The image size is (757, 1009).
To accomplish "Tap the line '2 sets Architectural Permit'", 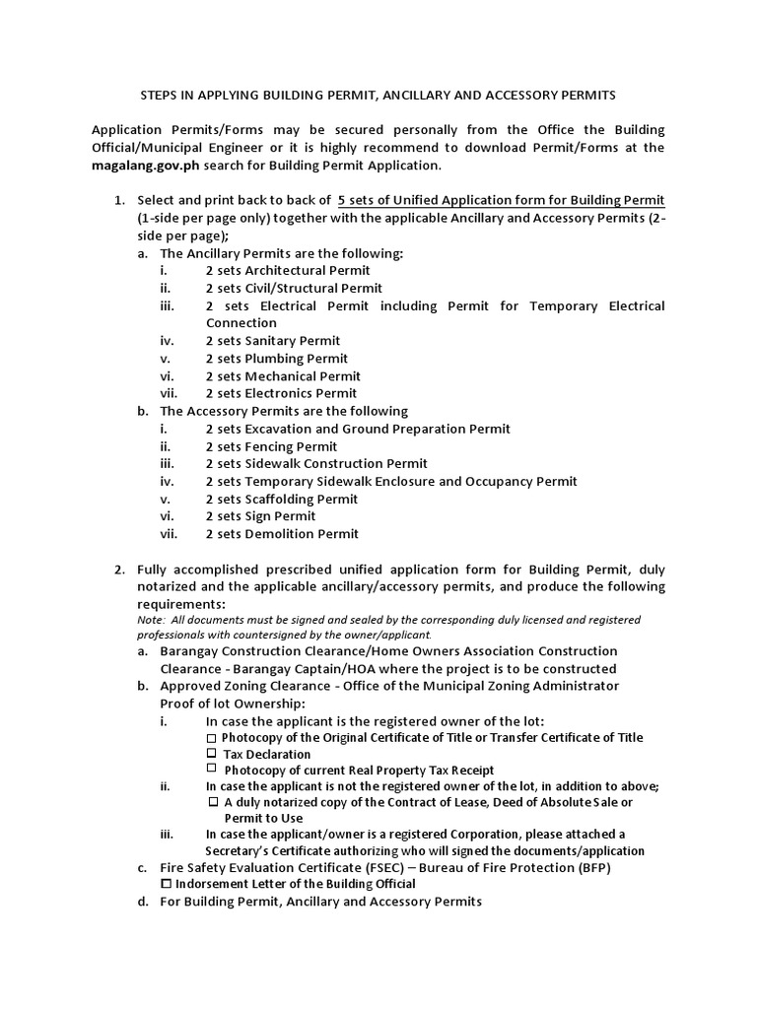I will click(x=288, y=270).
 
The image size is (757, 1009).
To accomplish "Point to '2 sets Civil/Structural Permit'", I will click(x=294, y=288).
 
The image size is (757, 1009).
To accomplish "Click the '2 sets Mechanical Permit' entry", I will click(x=283, y=376).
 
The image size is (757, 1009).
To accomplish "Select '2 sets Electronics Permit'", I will click(x=281, y=393).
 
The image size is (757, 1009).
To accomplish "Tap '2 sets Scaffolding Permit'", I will click(x=281, y=499).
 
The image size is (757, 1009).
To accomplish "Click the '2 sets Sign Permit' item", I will click(x=260, y=516).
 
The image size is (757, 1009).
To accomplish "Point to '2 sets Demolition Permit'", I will click(x=282, y=534).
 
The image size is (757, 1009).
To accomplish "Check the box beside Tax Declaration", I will click(x=212, y=754).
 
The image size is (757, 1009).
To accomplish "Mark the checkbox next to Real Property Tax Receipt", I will click(x=212, y=769).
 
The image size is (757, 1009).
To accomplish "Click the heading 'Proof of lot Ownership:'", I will click(x=233, y=704).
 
